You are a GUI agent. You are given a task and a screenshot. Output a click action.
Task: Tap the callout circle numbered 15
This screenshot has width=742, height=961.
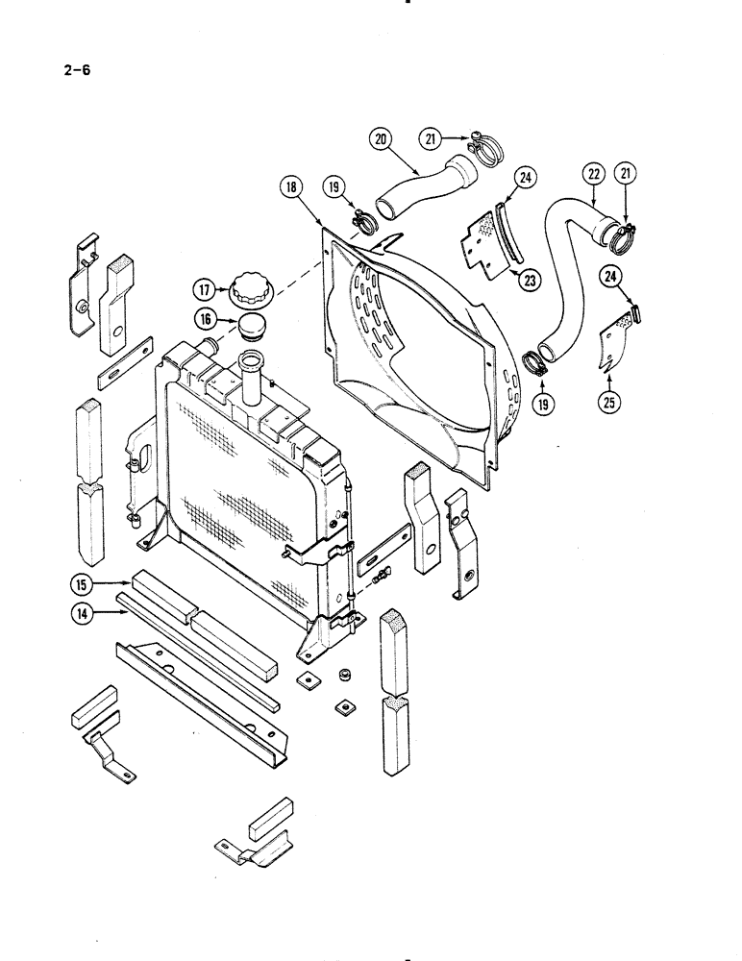pyautogui.click(x=81, y=582)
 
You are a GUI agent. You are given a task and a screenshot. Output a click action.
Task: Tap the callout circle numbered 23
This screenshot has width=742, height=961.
pyautogui.click(x=528, y=282)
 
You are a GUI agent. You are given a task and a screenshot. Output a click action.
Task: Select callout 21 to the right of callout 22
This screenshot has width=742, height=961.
pyautogui.click(x=627, y=175)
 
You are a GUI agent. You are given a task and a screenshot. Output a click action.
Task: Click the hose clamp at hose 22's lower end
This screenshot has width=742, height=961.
pyautogui.click(x=535, y=363)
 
